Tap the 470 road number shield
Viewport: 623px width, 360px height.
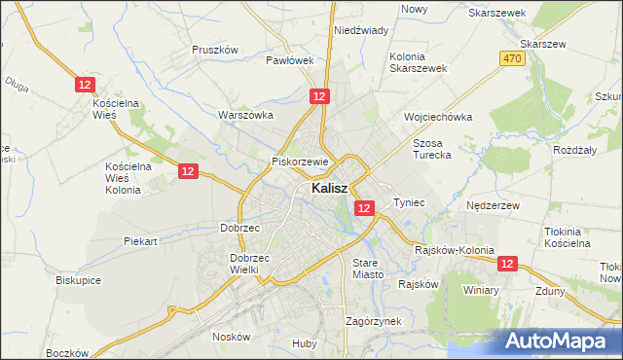click(512, 59)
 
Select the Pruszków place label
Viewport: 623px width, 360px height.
click(215, 49)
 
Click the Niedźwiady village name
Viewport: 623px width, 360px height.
click(361, 30)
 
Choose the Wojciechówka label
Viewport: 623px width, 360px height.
click(438, 117)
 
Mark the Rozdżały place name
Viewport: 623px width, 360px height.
click(573, 149)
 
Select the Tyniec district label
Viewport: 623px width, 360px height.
click(409, 202)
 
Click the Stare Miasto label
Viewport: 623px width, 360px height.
click(368, 269)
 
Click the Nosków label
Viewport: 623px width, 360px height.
click(232, 336)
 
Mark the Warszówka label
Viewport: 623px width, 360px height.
click(245, 115)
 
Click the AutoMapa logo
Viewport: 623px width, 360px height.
click(562, 341)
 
